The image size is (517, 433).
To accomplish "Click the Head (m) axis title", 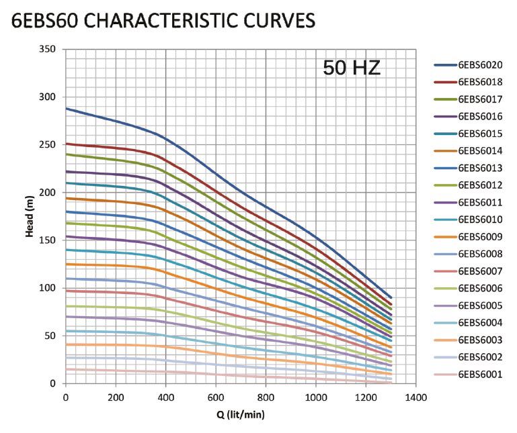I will (x=30, y=216).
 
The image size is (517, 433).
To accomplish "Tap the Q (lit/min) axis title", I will (x=240, y=414).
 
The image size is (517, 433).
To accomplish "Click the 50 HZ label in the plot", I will (x=352, y=68).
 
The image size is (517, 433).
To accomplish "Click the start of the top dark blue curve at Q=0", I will (x=66, y=108).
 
